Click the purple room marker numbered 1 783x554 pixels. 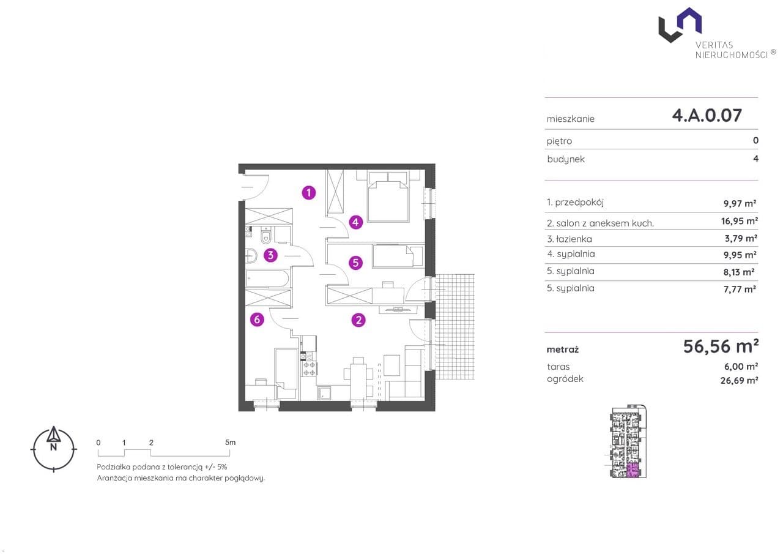[309, 192]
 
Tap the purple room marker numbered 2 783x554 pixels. [358, 320]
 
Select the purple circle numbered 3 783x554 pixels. [270, 255]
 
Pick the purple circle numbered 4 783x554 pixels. [355, 222]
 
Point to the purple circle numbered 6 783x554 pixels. [257, 320]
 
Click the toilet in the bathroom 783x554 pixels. [266, 236]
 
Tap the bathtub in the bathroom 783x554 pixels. [267, 279]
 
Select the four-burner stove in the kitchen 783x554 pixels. [309, 369]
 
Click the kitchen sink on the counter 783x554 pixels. [324, 392]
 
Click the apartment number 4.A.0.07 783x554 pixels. [707, 116]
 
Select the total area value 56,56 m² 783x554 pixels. [721, 346]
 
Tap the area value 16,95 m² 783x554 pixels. [740, 221]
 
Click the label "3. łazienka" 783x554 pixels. [570, 239]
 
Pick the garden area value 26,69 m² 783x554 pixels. [740, 380]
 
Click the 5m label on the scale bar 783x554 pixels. [231, 443]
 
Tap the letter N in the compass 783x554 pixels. [53, 447]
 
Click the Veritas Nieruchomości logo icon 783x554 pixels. [680, 25]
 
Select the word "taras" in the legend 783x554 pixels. [558, 367]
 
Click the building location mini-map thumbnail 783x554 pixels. [628, 441]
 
